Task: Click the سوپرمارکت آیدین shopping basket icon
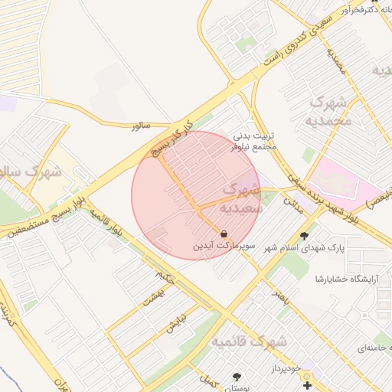[x=223, y=234]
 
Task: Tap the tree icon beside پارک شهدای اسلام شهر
[x=305, y=236]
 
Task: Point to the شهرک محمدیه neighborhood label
[x=332, y=111]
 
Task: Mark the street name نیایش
[x=175, y=325]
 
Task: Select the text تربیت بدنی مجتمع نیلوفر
[x=253, y=140]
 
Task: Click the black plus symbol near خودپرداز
[x=307, y=384]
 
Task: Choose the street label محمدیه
[x=338, y=64]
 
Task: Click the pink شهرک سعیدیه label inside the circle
[x=241, y=198]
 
